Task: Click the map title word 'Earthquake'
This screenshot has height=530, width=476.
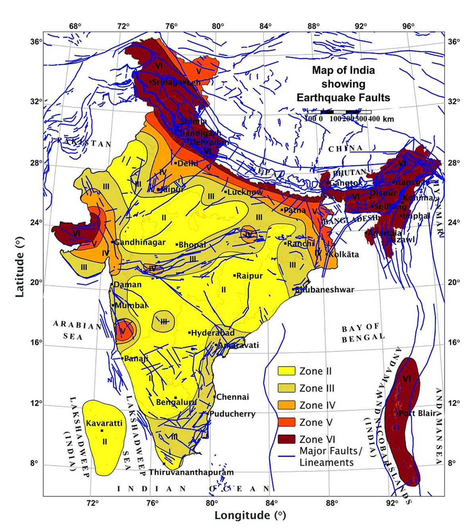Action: pyautogui.click(x=324, y=98)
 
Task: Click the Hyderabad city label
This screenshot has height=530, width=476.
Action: pyautogui.click(x=213, y=333)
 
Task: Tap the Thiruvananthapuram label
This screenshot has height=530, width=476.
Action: pyautogui.click(x=191, y=472)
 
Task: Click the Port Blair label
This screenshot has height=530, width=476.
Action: pyautogui.click(x=417, y=413)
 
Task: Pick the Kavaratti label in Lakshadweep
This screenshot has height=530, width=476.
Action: pyautogui.click(x=104, y=423)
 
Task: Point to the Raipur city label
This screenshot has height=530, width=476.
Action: pyautogui.click(x=250, y=276)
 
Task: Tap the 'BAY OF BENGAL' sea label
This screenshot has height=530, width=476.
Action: pyautogui.click(x=363, y=332)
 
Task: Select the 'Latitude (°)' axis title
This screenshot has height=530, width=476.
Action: pyautogui.click(x=19, y=267)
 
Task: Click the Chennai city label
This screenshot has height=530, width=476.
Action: pyautogui.click(x=233, y=397)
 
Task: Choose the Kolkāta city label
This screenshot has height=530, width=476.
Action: pyautogui.click(x=344, y=254)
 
